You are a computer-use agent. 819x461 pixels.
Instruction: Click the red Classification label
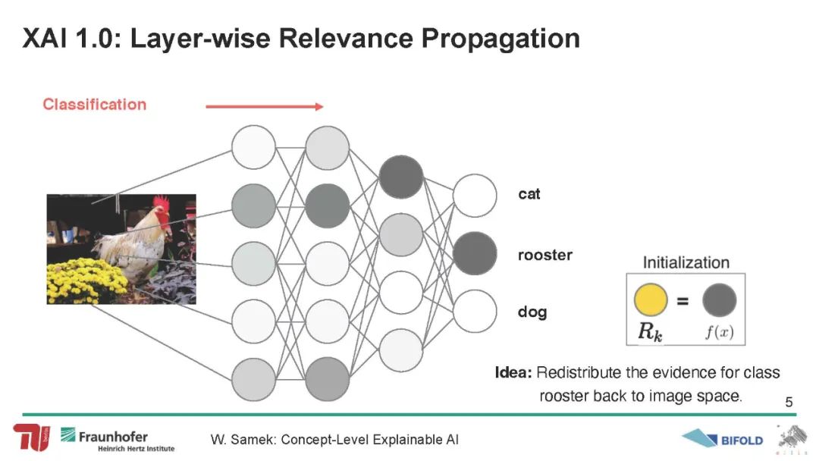(95, 105)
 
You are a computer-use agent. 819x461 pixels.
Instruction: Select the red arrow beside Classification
(265, 106)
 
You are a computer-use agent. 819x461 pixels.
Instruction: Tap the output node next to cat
(475, 196)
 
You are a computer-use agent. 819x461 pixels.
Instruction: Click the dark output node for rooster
(475, 254)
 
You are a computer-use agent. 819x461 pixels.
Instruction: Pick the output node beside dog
(475, 311)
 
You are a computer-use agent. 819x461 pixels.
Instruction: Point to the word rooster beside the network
(544, 256)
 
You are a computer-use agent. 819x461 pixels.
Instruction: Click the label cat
(529, 194)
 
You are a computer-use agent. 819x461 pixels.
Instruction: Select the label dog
(532, 312)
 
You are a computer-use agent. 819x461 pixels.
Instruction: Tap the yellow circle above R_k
(651, 299)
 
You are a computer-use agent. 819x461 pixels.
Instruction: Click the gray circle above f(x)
(719, 299)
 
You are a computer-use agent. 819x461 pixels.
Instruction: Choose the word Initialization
(686, 262)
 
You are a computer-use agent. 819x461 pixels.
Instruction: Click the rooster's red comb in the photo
(162, 205)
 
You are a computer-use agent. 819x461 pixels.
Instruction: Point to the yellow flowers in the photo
(86, 281)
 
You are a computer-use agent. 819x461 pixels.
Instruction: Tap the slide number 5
(789, 402)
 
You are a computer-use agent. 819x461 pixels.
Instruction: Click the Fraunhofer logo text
(113, 437)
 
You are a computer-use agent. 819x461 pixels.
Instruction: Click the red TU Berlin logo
(32, 437)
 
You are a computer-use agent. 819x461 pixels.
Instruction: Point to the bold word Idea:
(513, 373)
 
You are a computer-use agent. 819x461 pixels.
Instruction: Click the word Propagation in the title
(500, 39)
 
